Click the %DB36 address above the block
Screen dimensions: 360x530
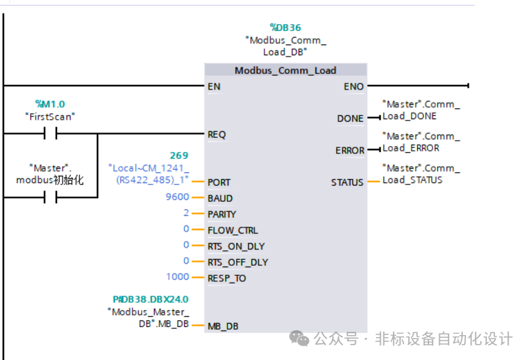pos(285,28)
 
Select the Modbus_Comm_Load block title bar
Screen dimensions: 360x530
pos(285,70)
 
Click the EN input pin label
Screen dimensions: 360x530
pos(214,86)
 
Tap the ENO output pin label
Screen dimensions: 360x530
pos(353,86)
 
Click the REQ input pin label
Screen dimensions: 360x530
pos(217,135)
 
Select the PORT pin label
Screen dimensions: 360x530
pos(219,182)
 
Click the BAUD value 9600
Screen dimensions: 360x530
pos(178,198)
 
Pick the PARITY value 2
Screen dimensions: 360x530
pos(186,214)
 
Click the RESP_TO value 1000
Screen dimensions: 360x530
pos(178,277)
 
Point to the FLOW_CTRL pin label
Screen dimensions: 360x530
pos(232,230)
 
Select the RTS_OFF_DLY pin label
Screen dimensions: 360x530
pos(237,262)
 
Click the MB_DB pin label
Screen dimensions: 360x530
pos(223,326)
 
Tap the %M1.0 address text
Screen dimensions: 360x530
pos(50,104)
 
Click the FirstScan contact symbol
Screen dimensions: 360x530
pos(50,134)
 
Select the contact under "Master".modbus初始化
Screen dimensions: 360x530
pos(50,198)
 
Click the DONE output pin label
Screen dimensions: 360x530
pos(350,118)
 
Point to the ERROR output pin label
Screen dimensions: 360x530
pos(350,151)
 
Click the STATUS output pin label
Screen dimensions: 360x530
pos(347,182)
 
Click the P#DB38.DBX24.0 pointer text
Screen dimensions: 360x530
pos(150,299)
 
